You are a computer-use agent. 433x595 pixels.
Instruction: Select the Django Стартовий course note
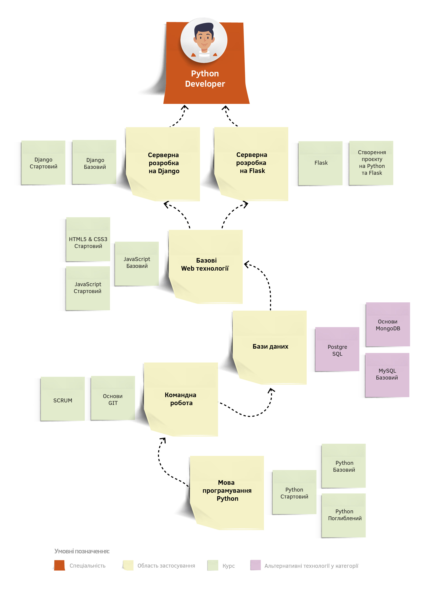pyautogui.click(x=43, y=163)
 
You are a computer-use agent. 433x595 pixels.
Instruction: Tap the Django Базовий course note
pyautogui.click(x=94, y=163)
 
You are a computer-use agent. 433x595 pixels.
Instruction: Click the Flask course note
pyautogui.click(x=320, y=163)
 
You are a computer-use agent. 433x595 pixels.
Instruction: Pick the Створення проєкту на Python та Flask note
pyautogui.click(x=371, y=163)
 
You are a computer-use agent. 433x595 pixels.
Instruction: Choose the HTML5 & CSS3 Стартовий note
pyautogui.click(x=88, y=239)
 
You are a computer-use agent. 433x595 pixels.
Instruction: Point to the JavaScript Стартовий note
pyautogui.click(x=88, y=288)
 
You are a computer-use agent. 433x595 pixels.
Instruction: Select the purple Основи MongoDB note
pyautogui.click(x=388, y=325)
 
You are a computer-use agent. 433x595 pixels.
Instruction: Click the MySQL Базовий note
pyautogui.click(x=387, y=375)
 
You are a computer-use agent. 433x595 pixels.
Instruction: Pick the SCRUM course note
pyautogui.click(x=63, y=399)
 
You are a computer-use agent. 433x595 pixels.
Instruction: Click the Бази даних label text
pyautogui.click(x=270, y=347)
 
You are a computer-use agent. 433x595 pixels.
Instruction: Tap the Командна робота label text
pyautogui.click(x=181, y=399)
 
